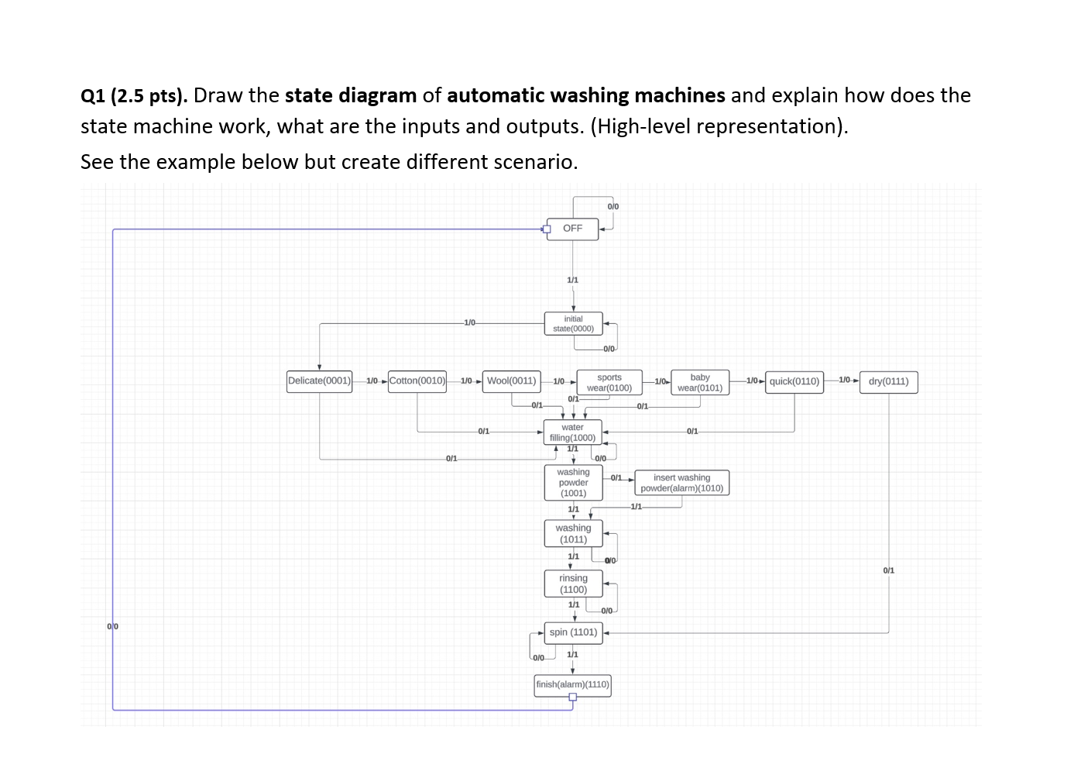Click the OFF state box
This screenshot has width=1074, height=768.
coord(572,229)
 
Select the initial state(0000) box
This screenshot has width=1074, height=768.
coord(573,324)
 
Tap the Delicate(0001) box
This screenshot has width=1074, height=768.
coord(319,381)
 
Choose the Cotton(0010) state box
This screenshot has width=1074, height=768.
coord(417,381)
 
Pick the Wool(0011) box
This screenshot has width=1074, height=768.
coord(511,381)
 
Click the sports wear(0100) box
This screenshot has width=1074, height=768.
coord(609,383)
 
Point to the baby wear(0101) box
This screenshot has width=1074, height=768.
coord(700,383)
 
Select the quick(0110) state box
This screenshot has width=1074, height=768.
coord(794,381)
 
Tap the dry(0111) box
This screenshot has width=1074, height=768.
coord(888,381)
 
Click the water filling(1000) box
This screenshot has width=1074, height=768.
coord(572,432)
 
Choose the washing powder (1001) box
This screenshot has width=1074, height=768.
coord(573,483)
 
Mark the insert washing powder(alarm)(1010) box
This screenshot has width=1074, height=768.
coord(681,483)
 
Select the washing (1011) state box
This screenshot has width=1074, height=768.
coord(573,534)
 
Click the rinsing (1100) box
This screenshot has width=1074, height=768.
coord(573,584)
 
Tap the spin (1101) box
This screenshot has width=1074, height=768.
coord(573,632)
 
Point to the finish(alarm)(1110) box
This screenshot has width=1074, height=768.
coord(572,684)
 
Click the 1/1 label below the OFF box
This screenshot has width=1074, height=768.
coord(572,280)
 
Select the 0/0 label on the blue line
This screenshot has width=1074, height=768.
coord(113,625)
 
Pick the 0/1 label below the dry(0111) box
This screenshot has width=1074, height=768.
coord(888,570)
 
